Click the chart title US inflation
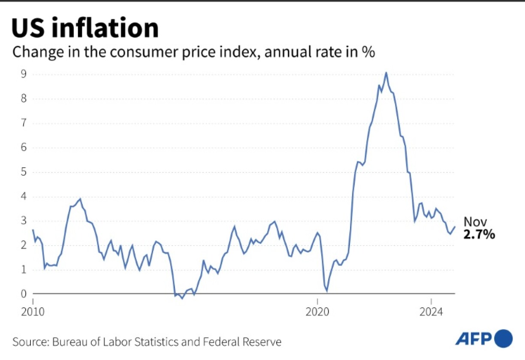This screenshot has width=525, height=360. click(85, 28)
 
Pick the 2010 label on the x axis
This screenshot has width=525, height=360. click(33, 313)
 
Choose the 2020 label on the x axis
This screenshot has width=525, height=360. click(317, 313)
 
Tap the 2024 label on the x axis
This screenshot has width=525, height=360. click(431, 313)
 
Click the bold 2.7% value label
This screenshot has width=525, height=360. click(479, 234)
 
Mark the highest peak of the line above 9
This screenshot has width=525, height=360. click(386, 73)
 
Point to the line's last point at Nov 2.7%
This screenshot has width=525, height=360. click(455, 227)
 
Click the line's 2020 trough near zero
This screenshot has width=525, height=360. click(327, 291)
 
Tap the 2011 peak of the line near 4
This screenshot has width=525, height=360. click(80, 199)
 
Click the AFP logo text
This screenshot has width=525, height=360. click(473, 339)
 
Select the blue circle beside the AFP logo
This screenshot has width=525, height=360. click(504, 338)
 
